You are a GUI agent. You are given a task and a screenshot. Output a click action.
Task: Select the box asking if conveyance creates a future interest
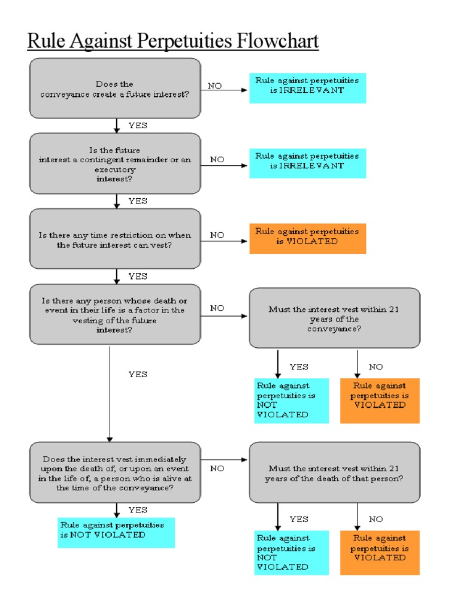[x=115, y=89]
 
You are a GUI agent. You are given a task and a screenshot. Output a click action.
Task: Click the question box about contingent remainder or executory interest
[x=115, y=163]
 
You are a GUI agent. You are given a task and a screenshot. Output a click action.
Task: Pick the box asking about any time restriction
[x=115, y=239]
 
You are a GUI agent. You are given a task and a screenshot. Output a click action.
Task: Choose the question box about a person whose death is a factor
[x=115, y=314]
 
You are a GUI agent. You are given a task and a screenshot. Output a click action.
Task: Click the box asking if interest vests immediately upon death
[x=115, y=472]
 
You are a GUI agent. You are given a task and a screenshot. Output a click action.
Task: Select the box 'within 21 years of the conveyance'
[x=334, y=318]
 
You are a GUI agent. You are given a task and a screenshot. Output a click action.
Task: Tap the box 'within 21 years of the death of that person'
[x=334, y=473]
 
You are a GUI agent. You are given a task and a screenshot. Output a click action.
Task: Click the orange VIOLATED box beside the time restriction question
[x=307, y=238]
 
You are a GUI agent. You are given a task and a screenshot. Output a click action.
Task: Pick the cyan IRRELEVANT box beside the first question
[x=307, y=88]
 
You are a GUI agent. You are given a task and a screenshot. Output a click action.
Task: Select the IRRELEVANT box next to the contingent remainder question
[x=307, y=163]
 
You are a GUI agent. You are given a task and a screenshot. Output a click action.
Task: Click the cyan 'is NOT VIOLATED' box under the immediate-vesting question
[x=116, y=532]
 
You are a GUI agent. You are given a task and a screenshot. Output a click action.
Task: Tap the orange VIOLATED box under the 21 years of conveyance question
[x=380, y=400]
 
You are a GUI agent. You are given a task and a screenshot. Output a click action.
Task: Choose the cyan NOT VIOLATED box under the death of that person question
[x=291, y=553]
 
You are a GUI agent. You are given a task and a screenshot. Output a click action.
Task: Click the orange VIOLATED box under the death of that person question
[x=380, y=553]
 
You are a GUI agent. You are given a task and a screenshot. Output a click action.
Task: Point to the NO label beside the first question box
[x=214, y=86]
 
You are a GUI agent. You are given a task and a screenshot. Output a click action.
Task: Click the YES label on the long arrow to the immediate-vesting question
[x=137, y=374]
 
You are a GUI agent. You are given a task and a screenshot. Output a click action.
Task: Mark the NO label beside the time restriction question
[x=217, y=235]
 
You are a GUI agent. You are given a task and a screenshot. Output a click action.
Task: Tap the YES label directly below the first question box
[x=137, y=126]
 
